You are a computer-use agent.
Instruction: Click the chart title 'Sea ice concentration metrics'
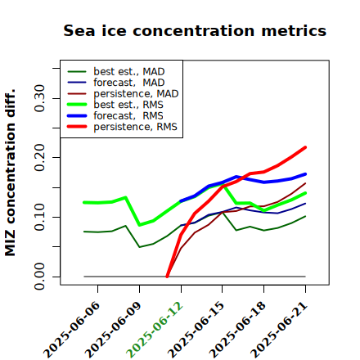pyautogui.click(x=195, y=30)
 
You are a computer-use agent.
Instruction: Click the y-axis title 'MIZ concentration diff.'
pyautogui.click(x=10, y=173)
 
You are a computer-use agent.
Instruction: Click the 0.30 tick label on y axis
pyautogui.click(x=39, y=98)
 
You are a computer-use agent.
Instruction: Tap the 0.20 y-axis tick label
pyautogui.click(x=39, y=158)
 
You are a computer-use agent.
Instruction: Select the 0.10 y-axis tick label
pyautogui.click(x=39, y=217)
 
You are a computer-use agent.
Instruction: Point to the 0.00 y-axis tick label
pyautogui.click(x=39, y=277)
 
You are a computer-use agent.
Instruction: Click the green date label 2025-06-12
pyautogui.click(x=155, y=330)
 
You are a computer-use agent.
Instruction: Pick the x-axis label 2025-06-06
pyautogui.click(x=71, y=330)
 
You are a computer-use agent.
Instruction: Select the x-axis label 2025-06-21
pyautogui.click(x=279, y=330)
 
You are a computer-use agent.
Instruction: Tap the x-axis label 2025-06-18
pyautogui.click(x=237, y=330)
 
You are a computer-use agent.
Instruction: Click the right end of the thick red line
pyautogui.click(x=305, y=147)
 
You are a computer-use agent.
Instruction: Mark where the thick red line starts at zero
pyautogui.click(x=167, y=277)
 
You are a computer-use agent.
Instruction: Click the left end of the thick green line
pyautogui.click(x=84, y=202)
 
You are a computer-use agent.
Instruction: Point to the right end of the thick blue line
pyautogui.click(x=305, y=174)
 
